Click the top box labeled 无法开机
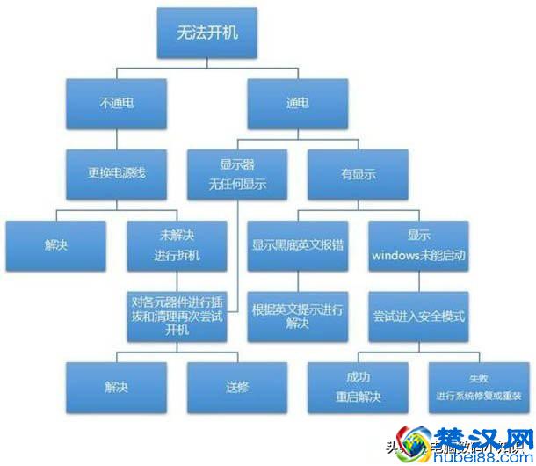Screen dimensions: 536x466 [x=206, y=34]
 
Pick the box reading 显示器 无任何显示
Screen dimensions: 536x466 [x=237, y=173]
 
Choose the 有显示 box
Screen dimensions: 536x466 [x=357, y=173]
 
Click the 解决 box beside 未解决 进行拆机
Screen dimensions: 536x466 [x=56, y=245]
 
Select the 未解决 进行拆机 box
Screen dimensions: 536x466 [x=177, y=245]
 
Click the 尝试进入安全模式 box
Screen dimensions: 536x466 [x=416, y=317]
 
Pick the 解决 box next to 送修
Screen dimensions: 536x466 [x=116, y=387]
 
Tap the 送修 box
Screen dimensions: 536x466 [x=236, y=387]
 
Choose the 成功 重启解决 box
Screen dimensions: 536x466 [x=358, y=387]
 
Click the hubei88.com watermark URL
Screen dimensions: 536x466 [x=478, y=455]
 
